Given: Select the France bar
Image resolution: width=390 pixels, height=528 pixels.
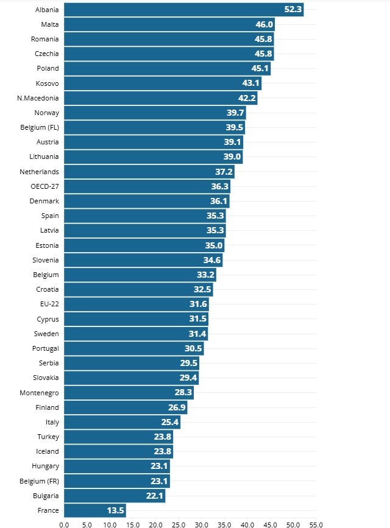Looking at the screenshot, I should coord(94,510).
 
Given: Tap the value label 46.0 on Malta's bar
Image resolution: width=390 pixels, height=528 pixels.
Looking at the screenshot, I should coord(264,24).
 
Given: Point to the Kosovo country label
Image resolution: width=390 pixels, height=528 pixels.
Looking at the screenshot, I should coord(47,83).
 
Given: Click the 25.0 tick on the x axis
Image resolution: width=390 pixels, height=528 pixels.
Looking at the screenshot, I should coord(179,524).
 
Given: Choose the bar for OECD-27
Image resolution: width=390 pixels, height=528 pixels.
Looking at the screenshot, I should coord(146,186).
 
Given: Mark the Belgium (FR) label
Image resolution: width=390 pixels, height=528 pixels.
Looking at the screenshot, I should coord(40,481).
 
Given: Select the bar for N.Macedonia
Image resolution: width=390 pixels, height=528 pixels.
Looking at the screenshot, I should coord(160,98).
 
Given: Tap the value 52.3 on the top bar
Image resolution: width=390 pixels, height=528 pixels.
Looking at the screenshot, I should coord(293,9).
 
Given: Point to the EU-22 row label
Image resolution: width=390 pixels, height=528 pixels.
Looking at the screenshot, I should coord(49,304).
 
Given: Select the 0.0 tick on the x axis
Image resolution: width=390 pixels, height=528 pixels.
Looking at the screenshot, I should coord(64,524).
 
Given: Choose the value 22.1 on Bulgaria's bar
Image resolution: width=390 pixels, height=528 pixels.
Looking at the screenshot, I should coord(155,496).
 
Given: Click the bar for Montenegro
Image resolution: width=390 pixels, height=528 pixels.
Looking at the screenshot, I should coord(128,393).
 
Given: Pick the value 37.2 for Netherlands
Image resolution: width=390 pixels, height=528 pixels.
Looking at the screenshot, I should coord(224,172).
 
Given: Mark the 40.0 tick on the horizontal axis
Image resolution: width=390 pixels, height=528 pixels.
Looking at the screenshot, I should coord(247,524).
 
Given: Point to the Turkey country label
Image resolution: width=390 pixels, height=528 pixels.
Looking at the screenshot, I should coord(48,437).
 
